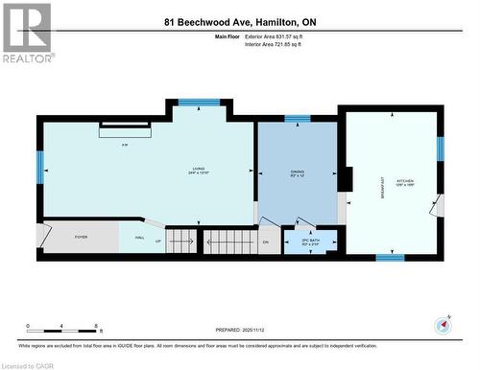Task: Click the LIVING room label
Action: tap(198, 171)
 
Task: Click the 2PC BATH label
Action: tap(297, 241)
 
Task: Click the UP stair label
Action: tap(158, 241)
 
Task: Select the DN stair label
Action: tap(266, 242)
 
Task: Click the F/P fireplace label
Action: tap(125, 145)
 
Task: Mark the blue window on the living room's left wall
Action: tap(40, 169)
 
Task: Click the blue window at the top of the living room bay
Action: tap(200, 103)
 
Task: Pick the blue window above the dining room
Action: tap(298, 119)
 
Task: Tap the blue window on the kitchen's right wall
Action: tap(441, 148)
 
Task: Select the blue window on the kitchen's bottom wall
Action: tap(390, 257)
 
